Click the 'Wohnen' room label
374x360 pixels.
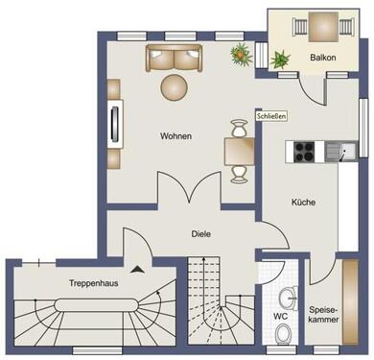tap(175, 136)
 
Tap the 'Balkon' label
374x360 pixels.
tap(322, 59)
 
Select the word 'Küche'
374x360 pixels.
tap(303, 203)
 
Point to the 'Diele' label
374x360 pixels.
tap(201, 233)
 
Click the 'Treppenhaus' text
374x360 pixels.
tap(93, 283)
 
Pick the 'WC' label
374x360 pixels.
tap(280, 315)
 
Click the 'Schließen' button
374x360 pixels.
tap(271, 116)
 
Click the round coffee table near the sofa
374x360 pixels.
tap(175, 87)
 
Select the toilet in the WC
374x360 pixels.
tap(283, 333)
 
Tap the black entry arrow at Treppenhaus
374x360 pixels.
tap(142, 272)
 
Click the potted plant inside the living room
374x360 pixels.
tap(240, 53)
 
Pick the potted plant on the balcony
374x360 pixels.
tap(281, 58)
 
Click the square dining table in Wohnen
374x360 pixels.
tap(238, 150)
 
